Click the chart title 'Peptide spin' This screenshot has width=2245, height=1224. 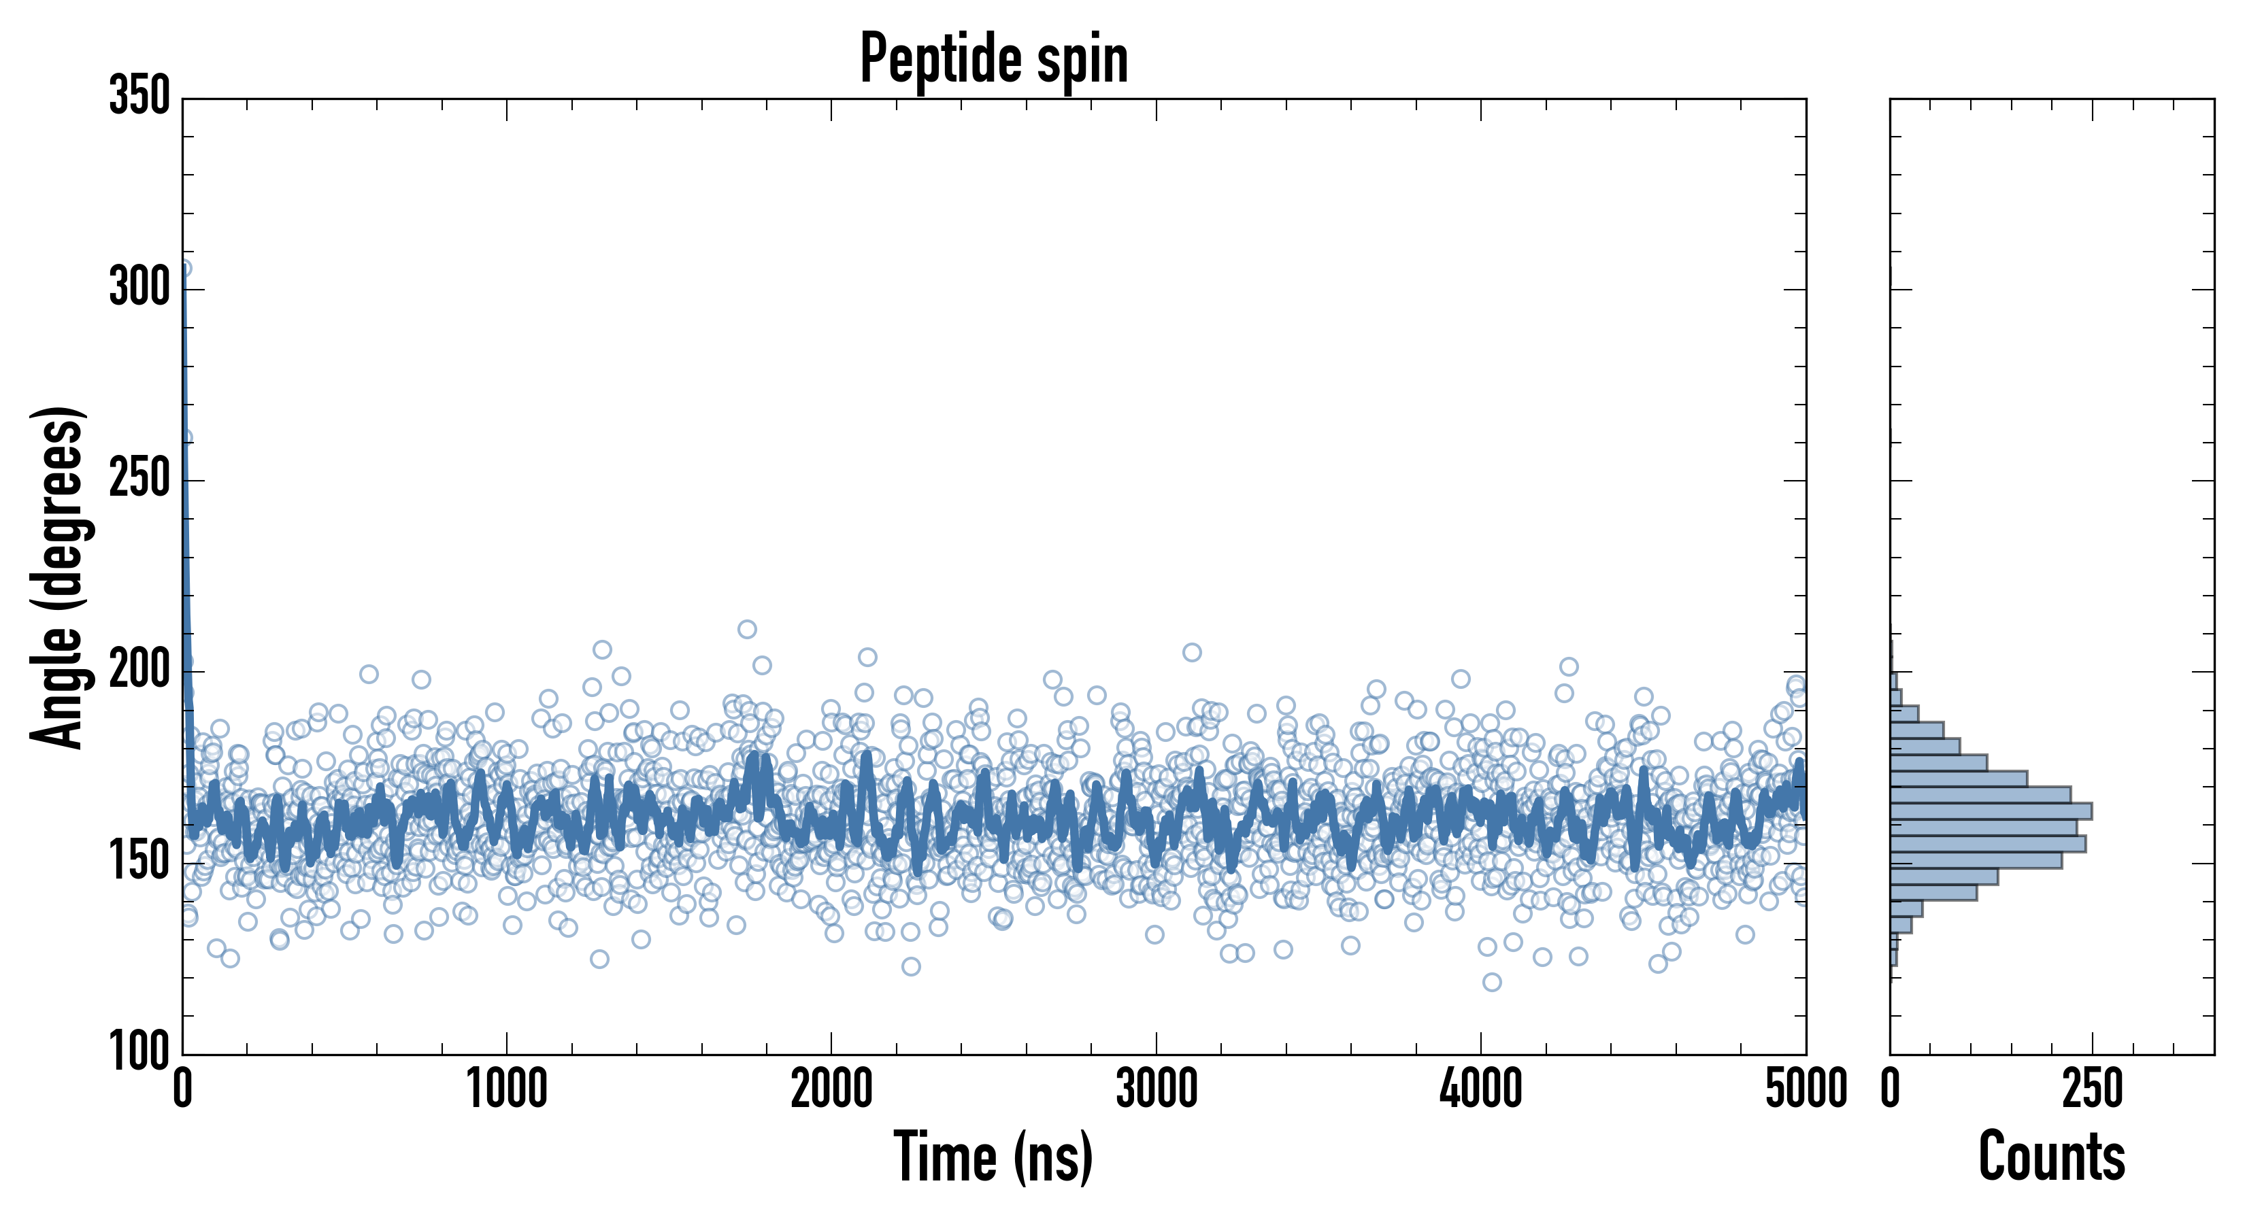pyautogui.click(x=993, y=59)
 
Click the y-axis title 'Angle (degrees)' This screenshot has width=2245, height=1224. pyautogui.click(x=58, y=577)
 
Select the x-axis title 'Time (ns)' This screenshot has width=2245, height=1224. pyautogui.click(x=993, y=1157)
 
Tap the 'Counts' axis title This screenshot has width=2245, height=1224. pyautogui.click(x=2052, y=1157)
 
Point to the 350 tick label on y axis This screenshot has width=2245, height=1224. pyautogui.click(x=139, y=96)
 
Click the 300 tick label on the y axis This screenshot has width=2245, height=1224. pyautogui.click(x=139, y=288)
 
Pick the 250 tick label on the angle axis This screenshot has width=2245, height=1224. pyautogui.click(x=139, y=479)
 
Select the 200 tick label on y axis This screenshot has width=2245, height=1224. pyautogui.click(x=139, y=670)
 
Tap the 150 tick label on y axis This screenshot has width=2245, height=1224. pyautogui.click(x=139, y=862)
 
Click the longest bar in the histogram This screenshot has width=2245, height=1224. pyautogui.click(x=1991, y=811)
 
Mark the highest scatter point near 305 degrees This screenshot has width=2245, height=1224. pyautogui.click(x=184, y=269)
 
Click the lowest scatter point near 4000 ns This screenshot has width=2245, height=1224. pyautogui.click(x=1491, y=983)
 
